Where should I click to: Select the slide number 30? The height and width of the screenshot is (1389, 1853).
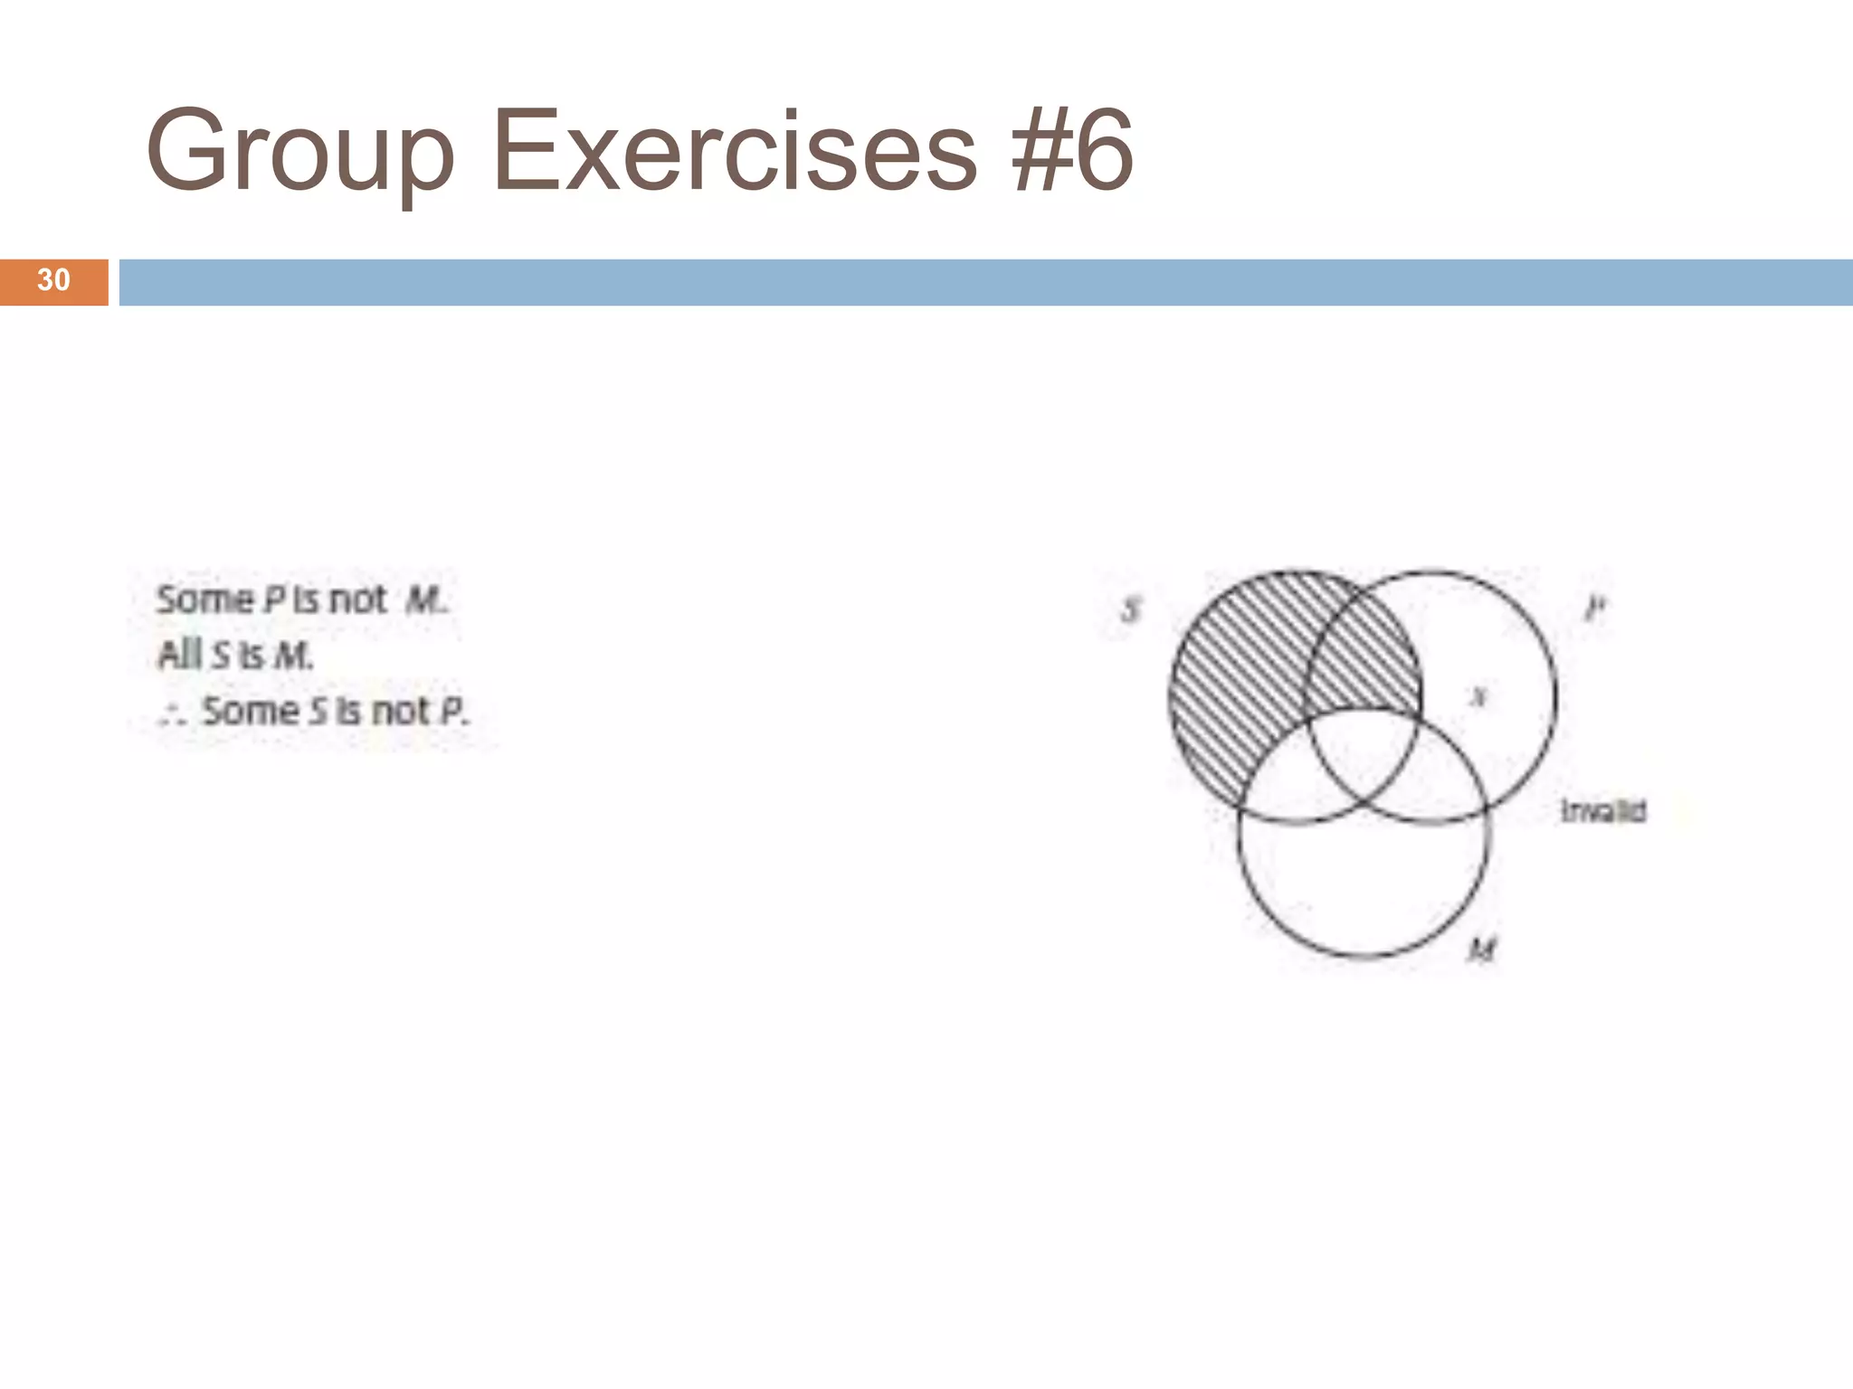pos(53,280)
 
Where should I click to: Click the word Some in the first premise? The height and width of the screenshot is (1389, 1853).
pos(205,600)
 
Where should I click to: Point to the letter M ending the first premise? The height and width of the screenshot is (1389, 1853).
pos(423,600)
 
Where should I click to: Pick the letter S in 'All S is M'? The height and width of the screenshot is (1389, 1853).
pos(221,656)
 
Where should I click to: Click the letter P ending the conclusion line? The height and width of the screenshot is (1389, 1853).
pos(451,712)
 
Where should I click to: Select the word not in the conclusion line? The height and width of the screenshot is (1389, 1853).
pos(401,712)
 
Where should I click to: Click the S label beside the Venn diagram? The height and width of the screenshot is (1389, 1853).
pos(1131,610)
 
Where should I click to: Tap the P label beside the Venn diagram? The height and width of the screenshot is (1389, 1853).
pos(1594,608)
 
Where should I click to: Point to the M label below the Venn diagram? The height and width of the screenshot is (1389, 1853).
pos(1482,950)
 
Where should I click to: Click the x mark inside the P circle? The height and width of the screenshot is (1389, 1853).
pos(1478,696)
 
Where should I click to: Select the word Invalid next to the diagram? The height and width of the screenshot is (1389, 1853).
pos(1603,811)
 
